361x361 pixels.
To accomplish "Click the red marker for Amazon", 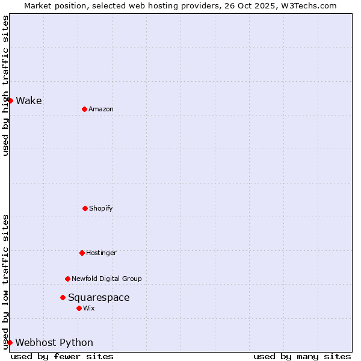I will tap(84, 109).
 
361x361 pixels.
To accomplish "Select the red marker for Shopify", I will tap(85, 208).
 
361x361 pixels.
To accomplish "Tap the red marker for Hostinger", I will tap(82, 253).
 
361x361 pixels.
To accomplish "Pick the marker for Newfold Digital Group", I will tap(67, 279).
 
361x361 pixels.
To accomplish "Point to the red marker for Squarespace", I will tap(63, 297).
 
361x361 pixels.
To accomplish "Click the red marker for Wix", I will tap(79, 308).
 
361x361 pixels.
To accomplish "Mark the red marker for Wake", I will tap(10, 100).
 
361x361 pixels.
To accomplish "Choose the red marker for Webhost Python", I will tap(10, 342).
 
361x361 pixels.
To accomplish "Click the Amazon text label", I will tap(101, 109).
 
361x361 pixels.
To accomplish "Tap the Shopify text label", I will tap(101, 208).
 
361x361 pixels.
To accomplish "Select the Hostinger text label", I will tap(101, 253).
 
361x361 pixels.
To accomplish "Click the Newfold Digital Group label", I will tap(106, 279).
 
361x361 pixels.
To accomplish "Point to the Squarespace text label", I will tap(99, 297).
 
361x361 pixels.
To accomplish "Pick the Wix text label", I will tap(89, 308).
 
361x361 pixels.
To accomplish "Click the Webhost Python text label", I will tap(54, 342).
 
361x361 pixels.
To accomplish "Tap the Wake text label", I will tap(29, 100).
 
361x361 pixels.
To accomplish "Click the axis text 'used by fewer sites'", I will tap(62, 356).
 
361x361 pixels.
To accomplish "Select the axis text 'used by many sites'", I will tap(302, 356).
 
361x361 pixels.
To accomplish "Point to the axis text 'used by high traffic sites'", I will tap(5, 86).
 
